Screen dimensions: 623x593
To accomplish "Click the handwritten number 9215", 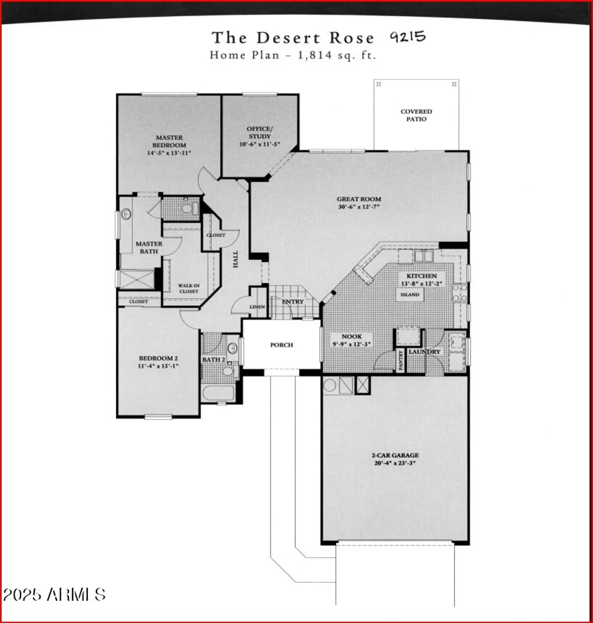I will [408, 37].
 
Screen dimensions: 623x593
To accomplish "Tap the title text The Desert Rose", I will [293, 38].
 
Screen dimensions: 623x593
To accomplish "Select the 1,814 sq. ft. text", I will [337, 55].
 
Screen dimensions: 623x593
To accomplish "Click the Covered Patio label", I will [416, 115].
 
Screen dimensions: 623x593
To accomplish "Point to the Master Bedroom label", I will [169, 141].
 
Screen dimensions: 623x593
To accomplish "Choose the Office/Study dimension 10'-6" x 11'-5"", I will [260, 144].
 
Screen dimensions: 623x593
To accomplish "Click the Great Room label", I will [359, 199].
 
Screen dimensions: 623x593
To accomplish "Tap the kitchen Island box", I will [410, 294].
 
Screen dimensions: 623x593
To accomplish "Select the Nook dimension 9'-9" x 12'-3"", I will [352, 344].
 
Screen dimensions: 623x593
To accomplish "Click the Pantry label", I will [401, 360].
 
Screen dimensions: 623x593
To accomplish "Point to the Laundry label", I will [424, 352].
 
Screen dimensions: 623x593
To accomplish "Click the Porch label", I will [281, 345].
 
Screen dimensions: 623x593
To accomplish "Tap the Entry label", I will [293, 302].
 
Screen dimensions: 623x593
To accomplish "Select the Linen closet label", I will [257, 307].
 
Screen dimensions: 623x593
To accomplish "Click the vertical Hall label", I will [236, 259].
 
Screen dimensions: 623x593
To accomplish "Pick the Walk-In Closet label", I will [189, 288].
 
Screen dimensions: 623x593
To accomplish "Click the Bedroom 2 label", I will [158, 358].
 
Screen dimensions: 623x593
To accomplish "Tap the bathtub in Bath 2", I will [218, 393].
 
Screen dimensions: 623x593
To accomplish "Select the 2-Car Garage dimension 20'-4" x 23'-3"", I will [395, 463].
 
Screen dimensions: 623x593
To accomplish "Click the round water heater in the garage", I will [330, 385].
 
